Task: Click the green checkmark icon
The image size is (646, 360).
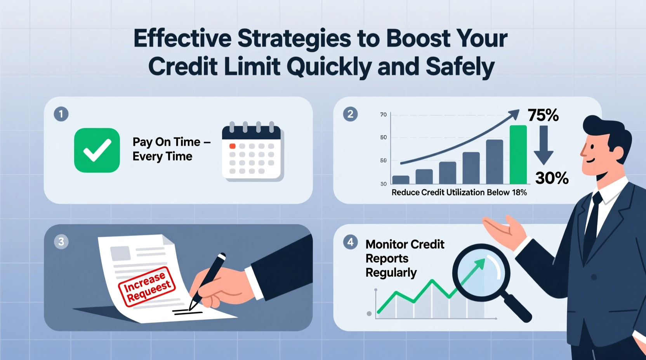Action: point(97,150)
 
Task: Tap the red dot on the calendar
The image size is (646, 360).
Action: point(233,146)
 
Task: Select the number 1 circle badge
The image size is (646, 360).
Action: point(61,114)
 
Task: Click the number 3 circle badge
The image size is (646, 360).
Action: point(61,242)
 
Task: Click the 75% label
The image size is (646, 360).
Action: point(543,115)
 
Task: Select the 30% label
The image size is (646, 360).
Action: point(552,178)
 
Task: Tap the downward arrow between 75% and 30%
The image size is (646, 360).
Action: point(544,145)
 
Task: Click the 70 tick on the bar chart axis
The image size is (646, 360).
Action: point(383,114)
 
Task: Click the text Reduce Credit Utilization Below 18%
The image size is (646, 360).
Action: point(459,192)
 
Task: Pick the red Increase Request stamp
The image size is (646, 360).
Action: point(147,287)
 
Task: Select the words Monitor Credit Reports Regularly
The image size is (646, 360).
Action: point(404,258)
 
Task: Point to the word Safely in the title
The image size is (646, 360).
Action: point(460,66)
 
